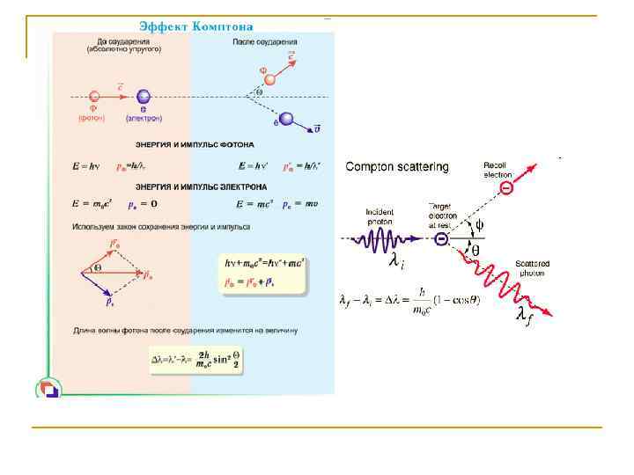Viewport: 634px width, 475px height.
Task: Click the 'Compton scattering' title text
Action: [396, 166]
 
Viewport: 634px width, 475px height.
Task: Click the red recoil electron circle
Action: [505, 189]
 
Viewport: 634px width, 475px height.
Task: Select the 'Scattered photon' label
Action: [533, 268]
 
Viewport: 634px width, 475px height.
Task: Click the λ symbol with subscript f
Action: [524, 315]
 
